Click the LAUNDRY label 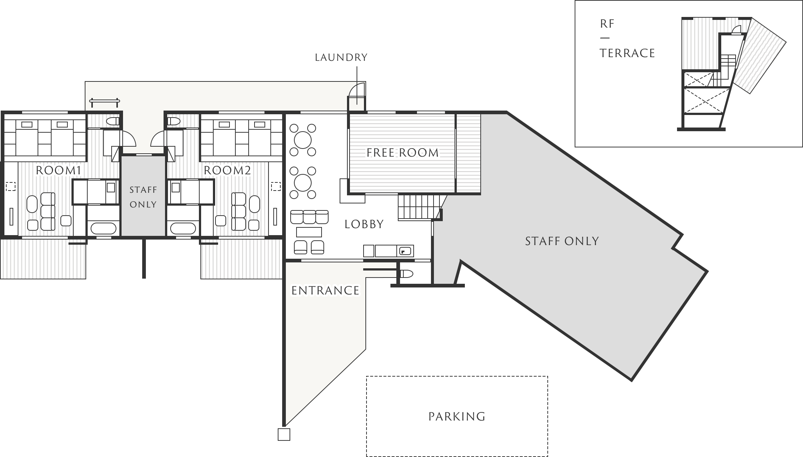(x=341, y=57)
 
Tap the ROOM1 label (x=58, y=170)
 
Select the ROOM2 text (x=227, y=170)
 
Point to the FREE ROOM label (x=403, y=153)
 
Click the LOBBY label (x=364, y=224)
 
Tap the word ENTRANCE (x=325, y=291)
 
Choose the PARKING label (x=457, y=416)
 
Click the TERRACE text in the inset (x=627, y=53)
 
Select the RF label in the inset (x=607, y=24)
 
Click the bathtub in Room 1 (x=104, y=228)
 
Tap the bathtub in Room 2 (x=183, y=228)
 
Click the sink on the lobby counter (x=405, y=251)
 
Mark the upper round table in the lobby (x=303, y=140)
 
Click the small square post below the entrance (x=284, y=435)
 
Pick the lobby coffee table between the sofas (x=309, y=232)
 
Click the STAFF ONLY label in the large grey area (x=562, y=241)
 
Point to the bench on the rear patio (x=105, y=101)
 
